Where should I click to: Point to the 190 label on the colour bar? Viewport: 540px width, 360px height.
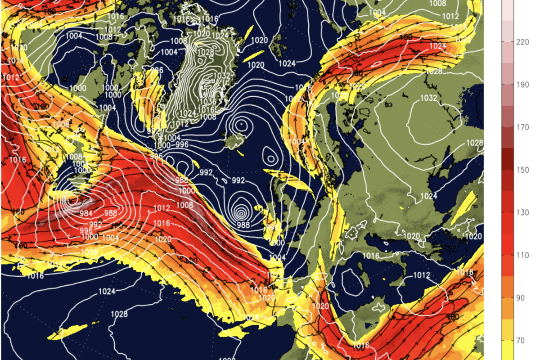[522, 85]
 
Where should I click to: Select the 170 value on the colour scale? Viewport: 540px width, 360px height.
[522, 127]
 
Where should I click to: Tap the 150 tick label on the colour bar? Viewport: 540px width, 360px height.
[522, 170]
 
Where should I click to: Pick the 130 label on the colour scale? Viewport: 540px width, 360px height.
[522, 212]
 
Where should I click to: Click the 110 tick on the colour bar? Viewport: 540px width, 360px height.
[522, 255]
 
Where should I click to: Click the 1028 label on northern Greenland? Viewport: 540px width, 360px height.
[206, 52]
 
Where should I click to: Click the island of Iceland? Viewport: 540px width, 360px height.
[234, 143]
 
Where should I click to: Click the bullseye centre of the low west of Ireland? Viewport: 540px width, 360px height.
[242, 213]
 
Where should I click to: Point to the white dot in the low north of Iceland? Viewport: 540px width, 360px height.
[242, 122]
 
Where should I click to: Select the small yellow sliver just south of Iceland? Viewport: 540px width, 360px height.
[240, 153]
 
